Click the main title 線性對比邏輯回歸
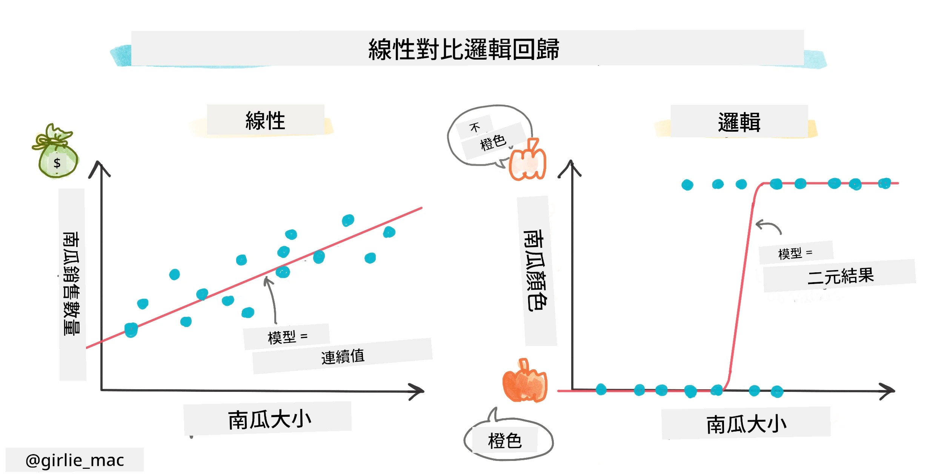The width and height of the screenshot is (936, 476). (x=464, y=49)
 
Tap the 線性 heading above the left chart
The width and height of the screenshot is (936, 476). (x=265, y=121)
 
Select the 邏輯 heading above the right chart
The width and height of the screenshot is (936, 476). (x=739, y=122)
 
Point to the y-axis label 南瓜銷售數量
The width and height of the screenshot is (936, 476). (x=72, y=284)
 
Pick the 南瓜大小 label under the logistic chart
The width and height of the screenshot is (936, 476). (x=746, y=424)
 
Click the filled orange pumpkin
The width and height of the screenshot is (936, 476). (x=525, y=381)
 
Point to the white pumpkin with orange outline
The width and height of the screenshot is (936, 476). (x=527, y=160)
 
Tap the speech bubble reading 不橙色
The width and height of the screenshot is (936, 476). (x=489, y=136)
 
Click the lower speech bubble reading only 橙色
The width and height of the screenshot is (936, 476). (x=508, y=439)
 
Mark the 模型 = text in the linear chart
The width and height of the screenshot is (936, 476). (x=287, y=337)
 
